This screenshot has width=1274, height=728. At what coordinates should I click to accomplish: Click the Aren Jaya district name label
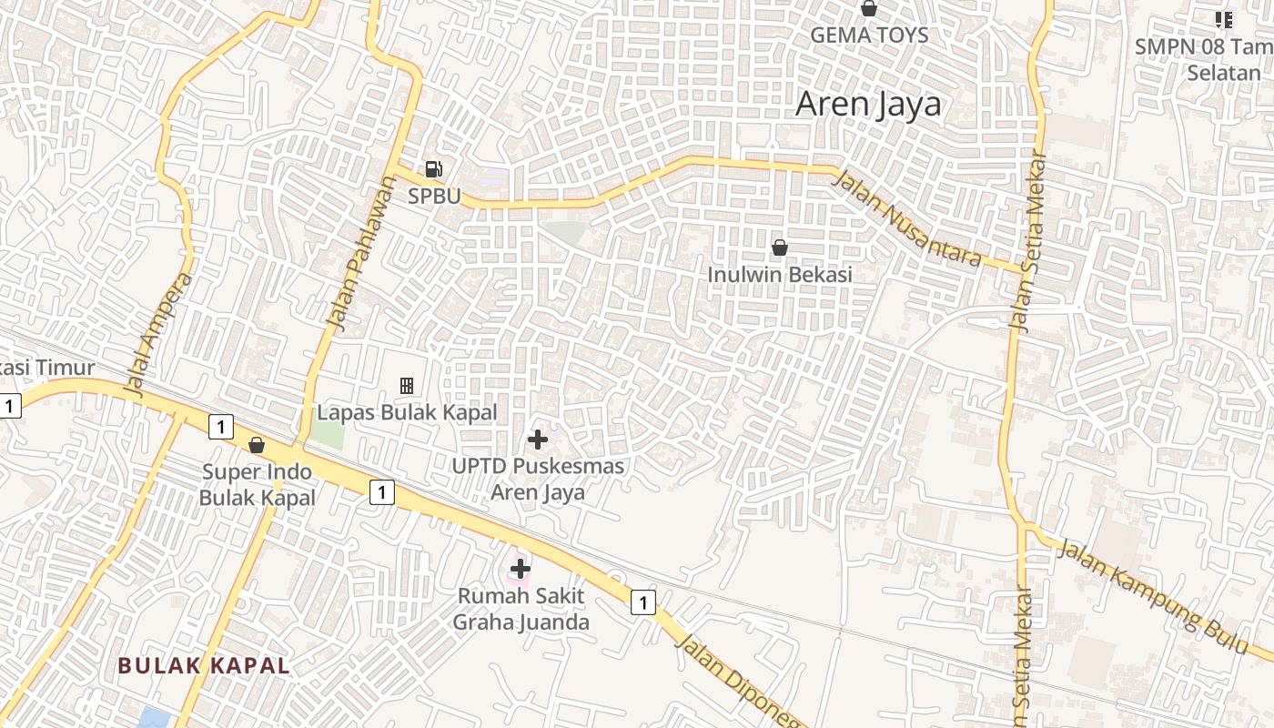tap(868, 105)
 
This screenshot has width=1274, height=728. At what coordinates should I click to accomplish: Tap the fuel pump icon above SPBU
tap(434, 168)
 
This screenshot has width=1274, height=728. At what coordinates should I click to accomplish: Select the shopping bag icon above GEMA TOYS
tap(869, 9)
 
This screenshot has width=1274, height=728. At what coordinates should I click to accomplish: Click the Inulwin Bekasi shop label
tap(780, 274)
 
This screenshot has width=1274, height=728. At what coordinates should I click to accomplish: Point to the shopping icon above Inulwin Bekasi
tap(780, 247)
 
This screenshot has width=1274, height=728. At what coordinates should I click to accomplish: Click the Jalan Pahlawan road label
tap(362, 250)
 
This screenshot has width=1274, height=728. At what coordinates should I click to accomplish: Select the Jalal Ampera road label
tap(160, 334)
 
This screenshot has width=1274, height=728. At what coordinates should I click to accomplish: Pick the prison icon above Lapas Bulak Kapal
tap(407, 386)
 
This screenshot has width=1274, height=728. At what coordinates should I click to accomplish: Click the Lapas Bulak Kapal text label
tap(407, 412)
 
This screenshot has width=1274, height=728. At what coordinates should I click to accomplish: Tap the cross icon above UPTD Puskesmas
tap(538, 440)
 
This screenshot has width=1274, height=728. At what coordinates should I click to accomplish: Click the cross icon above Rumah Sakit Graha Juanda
tap(521, 570)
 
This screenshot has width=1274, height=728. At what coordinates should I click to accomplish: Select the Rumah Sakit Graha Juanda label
tap(521, 609)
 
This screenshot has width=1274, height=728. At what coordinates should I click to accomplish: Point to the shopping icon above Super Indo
tap(257, 445)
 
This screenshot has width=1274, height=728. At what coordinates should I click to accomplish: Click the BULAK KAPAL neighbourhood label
tap(204, 665)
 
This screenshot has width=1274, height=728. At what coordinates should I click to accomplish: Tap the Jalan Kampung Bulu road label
tap(1153, 597)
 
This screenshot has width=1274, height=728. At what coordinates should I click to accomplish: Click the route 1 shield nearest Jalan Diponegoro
tap(643, 602)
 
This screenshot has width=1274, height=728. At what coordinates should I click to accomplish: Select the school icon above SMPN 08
tap(1224, 19)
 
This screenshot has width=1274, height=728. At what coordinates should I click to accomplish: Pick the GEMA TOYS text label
tap(869, 35)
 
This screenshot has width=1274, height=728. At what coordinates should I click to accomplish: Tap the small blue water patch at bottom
tap(155, 717)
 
